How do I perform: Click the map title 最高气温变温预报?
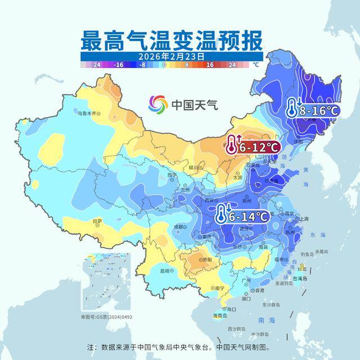click(172, 41)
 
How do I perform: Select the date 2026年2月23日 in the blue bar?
click(172, 57)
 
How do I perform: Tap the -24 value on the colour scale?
click(96, 65)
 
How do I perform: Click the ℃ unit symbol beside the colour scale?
click(256, 65)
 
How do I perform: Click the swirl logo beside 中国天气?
click(158, 104)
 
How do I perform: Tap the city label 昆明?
click(164, 271)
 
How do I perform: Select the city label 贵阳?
click(206, 260)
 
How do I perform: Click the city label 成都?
click(179, 226)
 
